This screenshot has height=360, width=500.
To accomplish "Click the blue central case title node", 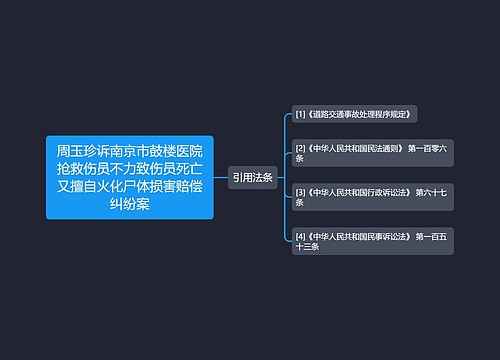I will (129, 177).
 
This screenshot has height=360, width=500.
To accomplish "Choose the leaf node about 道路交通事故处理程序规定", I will (355, 115).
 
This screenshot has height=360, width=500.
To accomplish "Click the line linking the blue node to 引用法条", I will (220, 177).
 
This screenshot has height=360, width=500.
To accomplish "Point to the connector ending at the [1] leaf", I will (283, 125).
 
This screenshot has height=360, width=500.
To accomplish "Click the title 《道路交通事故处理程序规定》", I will (360, 115).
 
